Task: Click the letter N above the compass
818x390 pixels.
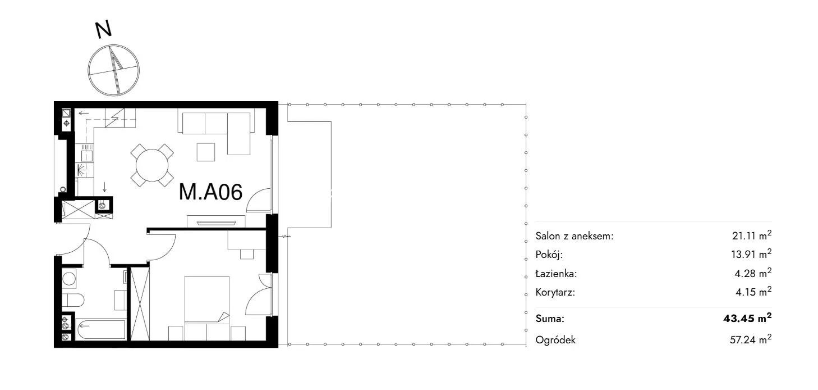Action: pyautogui.click(x=103, y=30)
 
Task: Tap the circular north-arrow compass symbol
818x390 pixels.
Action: pyautogui.click(x=113, y=70)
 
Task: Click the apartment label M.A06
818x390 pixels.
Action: pyautogui.click(x=211, y=192)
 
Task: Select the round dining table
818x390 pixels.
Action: pyautogui.click(x=152, y=165)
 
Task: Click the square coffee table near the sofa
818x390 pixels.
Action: pyautogui.click(x=205, y=152)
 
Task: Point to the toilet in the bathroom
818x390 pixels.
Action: pyautogui.click(x=72, y=300)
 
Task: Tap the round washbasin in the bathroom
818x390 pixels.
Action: pyautogui.click(x=69, y=279)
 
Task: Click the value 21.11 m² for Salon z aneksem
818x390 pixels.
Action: pyautogui.click(x=752, y=235)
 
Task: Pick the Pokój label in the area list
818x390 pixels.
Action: pyautogui.click(x=549, y=255)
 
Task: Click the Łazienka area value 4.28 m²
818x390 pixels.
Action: pyautogui.click(x=753, y=273)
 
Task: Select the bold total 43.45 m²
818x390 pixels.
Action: pyautogui.click(x=747, y=318)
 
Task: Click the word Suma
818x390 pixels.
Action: pyautogui.click(x=550, y=319)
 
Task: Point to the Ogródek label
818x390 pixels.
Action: pyautogui.click(x=555, y=340)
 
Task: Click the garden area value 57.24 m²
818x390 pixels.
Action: pyautogui.click(x=751, y=339)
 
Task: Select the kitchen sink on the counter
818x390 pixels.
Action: pyautogui.click(x=86, y=153)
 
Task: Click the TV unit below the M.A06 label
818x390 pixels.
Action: pyautogui.click(x=216, y=222)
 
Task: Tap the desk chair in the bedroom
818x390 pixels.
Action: pyautogui.click(x=247, y=254)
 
